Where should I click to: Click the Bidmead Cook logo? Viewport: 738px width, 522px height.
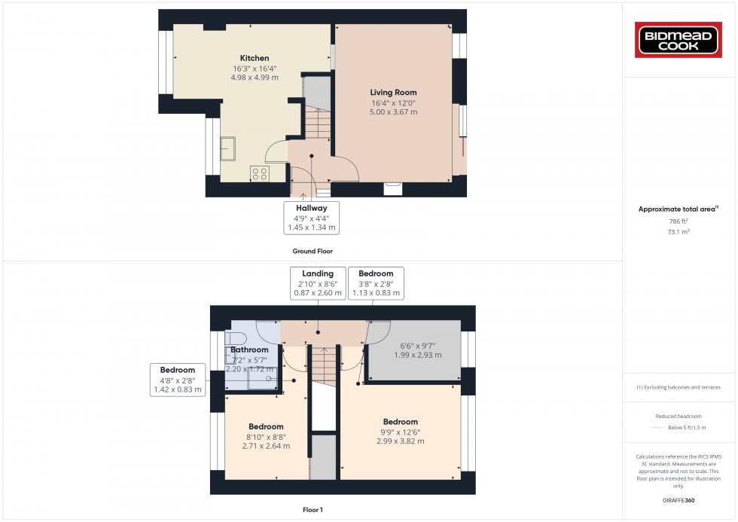coord(679,40)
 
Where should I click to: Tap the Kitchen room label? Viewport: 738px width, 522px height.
coord(255,58)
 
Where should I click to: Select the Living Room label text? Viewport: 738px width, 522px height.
coord(393,93)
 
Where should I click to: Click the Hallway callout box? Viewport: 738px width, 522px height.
coord(311,217)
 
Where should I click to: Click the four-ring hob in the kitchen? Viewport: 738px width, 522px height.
coord(261,173)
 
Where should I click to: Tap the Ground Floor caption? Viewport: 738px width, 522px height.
coord(313,251)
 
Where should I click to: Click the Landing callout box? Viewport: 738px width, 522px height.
coord(317,283)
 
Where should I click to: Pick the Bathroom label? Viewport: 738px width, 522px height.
coord(249,350)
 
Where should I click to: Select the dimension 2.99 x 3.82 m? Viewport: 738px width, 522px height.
coord(400,441)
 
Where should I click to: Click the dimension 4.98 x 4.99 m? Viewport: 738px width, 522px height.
coord(255,78)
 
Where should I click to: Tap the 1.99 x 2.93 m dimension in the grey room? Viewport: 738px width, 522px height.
coord(416,355)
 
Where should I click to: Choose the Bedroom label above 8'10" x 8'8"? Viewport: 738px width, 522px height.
coord(266,426)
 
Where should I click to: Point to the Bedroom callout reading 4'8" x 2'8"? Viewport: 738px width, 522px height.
coord(177,380)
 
